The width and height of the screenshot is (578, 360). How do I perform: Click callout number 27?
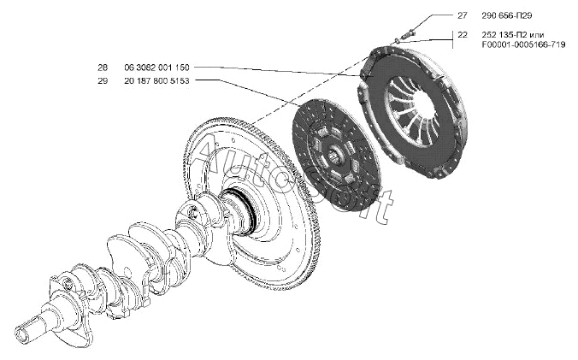pos(463,16)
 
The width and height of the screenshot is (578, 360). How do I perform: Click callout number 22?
pos(463,35)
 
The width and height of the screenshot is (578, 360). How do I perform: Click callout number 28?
pos(103,67)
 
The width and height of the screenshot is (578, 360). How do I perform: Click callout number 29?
pos(103,80)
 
